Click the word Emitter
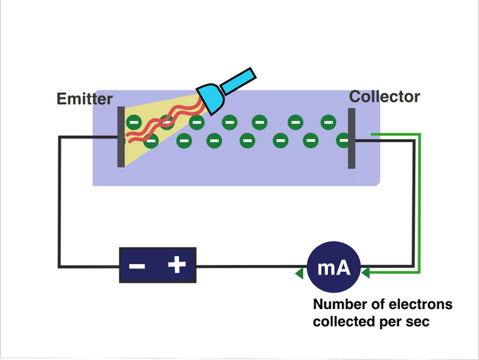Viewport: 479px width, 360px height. point(85,99)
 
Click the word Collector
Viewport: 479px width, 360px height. point(384,97)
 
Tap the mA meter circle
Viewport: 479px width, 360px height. point(334,267)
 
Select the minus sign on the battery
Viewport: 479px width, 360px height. point(137,266)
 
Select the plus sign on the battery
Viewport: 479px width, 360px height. point(177,264)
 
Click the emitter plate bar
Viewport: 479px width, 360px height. point(121,137)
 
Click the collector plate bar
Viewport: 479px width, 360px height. point(352,138)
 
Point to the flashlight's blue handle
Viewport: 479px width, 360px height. point(239,81)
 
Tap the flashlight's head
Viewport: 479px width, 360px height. point(210,99)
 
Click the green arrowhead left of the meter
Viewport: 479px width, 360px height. point(299,273)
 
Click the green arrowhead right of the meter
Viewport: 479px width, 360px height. point(365,272)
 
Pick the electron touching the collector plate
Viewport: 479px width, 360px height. point(343,140)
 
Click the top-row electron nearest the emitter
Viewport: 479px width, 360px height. point(134,122)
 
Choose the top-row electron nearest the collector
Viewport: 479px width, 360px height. point(329,122)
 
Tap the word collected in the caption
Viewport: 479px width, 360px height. point(344,322)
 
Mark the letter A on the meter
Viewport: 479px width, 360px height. point(344,268)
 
